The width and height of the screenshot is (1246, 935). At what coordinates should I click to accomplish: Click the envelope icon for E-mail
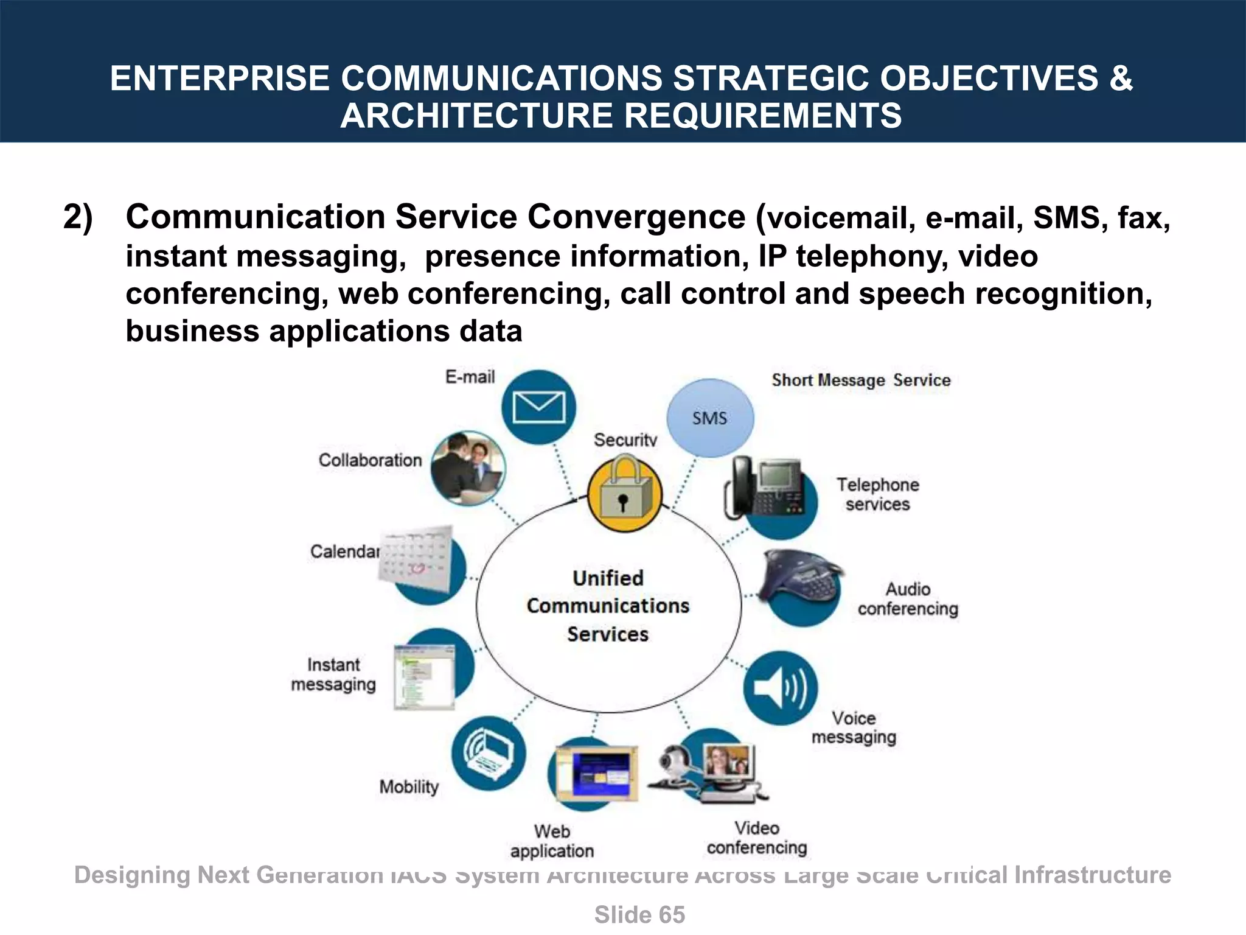[539, 407]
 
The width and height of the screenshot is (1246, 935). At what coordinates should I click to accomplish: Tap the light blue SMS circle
[710, 418]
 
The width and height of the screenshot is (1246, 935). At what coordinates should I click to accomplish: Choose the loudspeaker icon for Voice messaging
[781, 688]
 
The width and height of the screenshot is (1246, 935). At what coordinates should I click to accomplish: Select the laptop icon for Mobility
[489, 753]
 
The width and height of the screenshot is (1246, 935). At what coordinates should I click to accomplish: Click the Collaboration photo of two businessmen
[468, 467]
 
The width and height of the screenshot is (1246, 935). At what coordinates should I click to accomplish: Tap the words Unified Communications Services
[608, 606]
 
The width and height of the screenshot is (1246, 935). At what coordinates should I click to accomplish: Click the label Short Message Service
[861, 380]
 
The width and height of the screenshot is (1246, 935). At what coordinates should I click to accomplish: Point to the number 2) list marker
[78, 217]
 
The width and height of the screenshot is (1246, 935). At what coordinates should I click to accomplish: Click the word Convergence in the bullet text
[636, 217]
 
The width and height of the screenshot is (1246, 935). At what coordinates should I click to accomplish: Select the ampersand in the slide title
[1120, 79]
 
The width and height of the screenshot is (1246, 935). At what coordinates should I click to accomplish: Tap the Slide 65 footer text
[639, 915]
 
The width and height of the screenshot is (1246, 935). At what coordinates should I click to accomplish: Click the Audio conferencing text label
[908, 599]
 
